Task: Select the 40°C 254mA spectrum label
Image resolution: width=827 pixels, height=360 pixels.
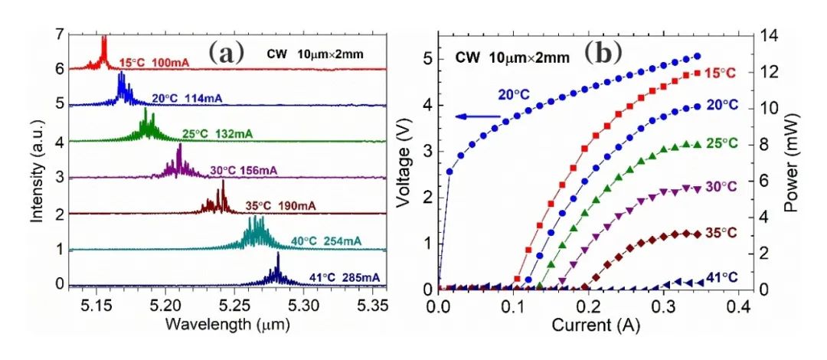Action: (326, 242)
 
